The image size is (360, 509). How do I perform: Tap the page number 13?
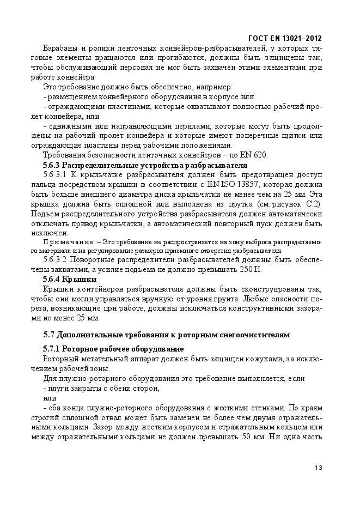click(319, 468)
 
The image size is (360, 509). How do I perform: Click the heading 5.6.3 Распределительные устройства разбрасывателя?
click(145, 165)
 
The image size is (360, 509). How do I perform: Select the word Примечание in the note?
click(65, 241)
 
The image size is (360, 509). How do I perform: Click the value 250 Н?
click(249, 269)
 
